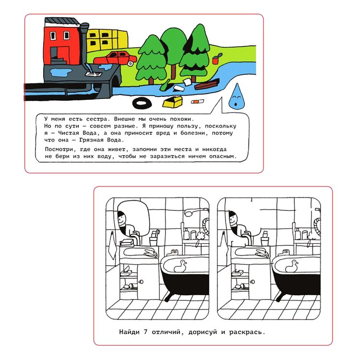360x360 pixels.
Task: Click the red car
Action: coord(115,58)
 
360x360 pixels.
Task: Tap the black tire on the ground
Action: coord(142,103)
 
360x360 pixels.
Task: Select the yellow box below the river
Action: coord(173,102)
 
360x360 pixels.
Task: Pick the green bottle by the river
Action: coord(166,85)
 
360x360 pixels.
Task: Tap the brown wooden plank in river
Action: coord(207,84)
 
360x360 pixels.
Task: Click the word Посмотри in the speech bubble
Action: coord(59,149)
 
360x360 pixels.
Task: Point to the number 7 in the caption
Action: coord(145,332)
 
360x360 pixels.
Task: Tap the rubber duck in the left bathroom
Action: coord(180,266)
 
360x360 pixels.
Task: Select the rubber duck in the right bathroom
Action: coord(291,266)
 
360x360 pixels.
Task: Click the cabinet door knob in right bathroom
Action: coord(252,281)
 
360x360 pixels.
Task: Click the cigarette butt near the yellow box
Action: coord(197,101)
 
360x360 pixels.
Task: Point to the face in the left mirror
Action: coord(122,218)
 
